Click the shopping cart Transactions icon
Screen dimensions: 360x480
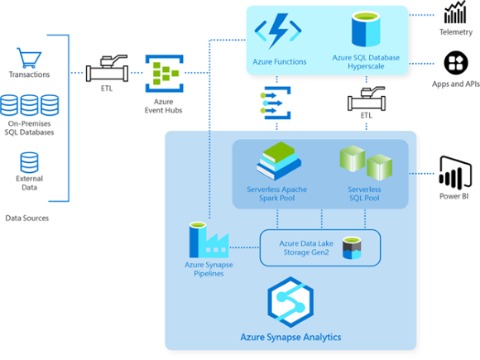(x=30, y=58)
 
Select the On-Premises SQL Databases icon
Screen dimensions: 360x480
(x=30, y=105)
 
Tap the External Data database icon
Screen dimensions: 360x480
(x=30, y=161)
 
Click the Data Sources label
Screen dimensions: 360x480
(x=27, y=218)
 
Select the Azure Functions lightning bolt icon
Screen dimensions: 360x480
(x=279, y=32)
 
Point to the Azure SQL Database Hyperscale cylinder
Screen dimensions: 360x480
(x=365, y=29)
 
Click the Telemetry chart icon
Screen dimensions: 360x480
(x=455, y=13)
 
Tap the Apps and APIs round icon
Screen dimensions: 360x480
(x=455, y=62)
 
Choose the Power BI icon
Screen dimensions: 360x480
(x=454, y=173)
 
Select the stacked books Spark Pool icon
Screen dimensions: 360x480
(x=279, y=161)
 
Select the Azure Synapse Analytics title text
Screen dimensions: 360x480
(x=290, y=338)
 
